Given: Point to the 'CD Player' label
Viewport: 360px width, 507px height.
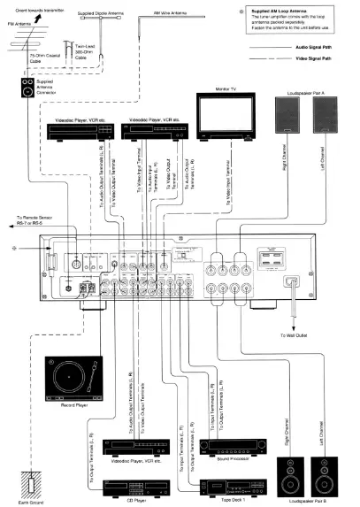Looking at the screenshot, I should [120, 502].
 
